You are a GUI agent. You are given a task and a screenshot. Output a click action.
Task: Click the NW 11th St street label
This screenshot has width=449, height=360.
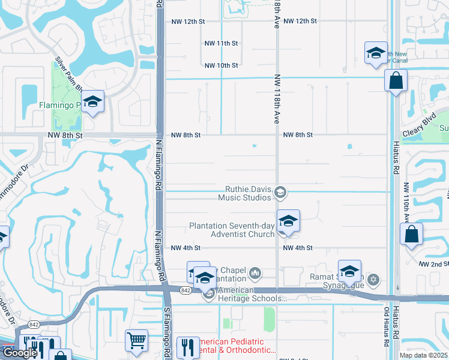pyautogui.click(x=221, y=43)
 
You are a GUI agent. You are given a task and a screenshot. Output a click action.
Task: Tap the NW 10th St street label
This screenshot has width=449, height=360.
pyautogui.click(x=221, y=65)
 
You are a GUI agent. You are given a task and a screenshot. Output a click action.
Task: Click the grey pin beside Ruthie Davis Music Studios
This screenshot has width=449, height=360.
pyautogui.click(x=280, y=192)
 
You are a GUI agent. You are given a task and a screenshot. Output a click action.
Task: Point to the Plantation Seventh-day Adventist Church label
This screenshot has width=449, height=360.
pyautogui.click(x=231, y=230)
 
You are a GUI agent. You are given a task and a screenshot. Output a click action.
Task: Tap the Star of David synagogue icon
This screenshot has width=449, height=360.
pyautogui.click(x=373, y=280)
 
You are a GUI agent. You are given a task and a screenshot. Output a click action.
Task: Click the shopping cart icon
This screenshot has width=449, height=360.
pyautogui.click(x=137, y=341)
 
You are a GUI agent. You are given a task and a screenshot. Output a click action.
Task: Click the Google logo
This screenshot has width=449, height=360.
pyautogui.click(x=20, y=353)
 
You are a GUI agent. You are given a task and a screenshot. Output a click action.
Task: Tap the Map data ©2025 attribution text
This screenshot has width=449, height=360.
pyautogui.click(x=423, y=355)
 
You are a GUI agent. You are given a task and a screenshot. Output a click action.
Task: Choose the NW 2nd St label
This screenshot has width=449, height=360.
pyautogui.click(x=435, y=264)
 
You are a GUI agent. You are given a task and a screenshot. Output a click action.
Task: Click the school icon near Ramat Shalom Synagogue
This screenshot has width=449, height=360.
pyautogui.click(x=349, y=271)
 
